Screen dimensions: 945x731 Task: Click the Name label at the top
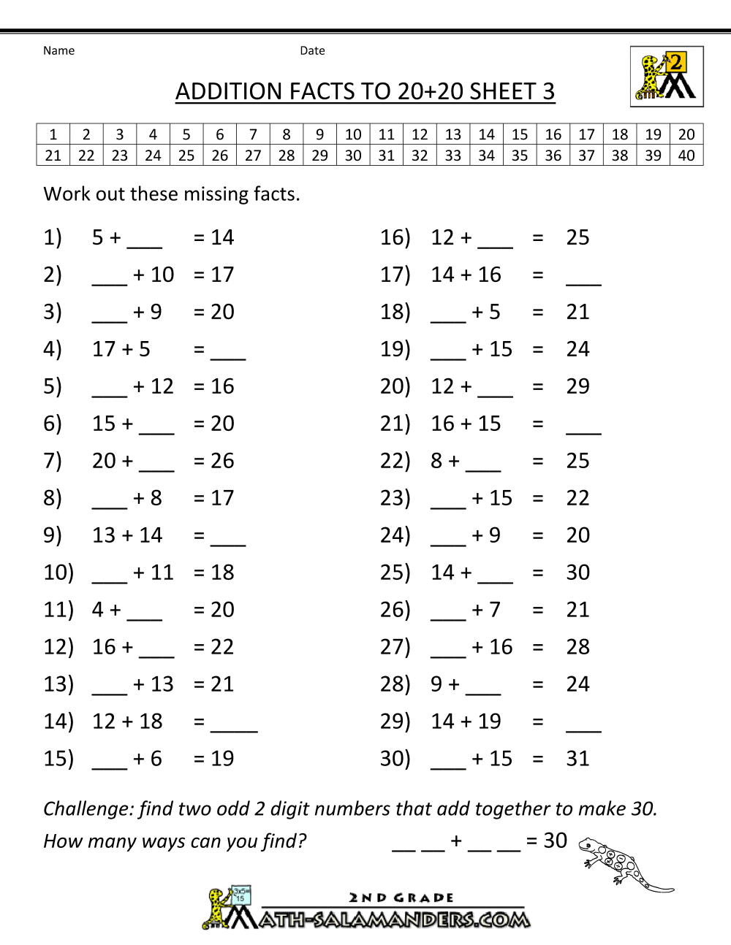pyautogui.click(x=58, y=50)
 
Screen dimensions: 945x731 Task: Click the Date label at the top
pyautogui.click(x=312, y=50)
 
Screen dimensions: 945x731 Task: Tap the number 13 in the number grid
pyautogui.click(x=453, y=134)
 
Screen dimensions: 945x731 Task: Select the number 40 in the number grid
pyautogui.click(x=686, y=156)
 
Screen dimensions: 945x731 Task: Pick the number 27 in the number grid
pyautogui.click(x=253, y=156)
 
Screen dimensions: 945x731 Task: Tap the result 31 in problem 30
pyautogui.click(x=577, y=759)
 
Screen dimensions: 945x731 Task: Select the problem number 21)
pyautogui.click(x=395, y=424)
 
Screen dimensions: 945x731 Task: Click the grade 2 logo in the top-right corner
pyautogui.click(x=667, y=76)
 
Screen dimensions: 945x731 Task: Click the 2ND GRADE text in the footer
pyautogui.click(x=401, y=898)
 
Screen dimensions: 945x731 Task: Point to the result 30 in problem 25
pyautogui.click(x=577, y=573)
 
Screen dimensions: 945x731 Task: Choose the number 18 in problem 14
pyautogui.click(x=151, y=722)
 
